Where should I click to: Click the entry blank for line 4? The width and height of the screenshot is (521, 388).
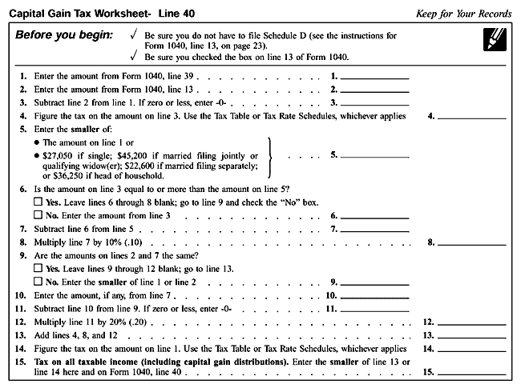point(474,117)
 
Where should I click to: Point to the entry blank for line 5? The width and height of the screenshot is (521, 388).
point(375,154)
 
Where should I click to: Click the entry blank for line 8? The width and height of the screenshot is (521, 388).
point(474,242)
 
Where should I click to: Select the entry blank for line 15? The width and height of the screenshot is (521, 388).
point(474,373)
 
